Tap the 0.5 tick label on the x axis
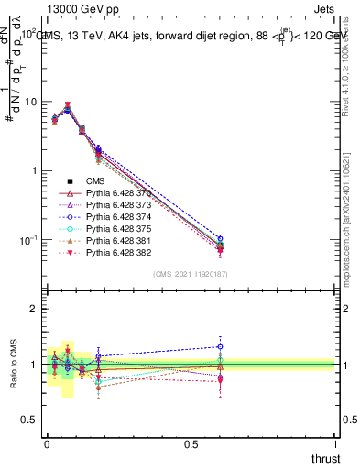tap(191, 444)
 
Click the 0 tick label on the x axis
tap(46, 444)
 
